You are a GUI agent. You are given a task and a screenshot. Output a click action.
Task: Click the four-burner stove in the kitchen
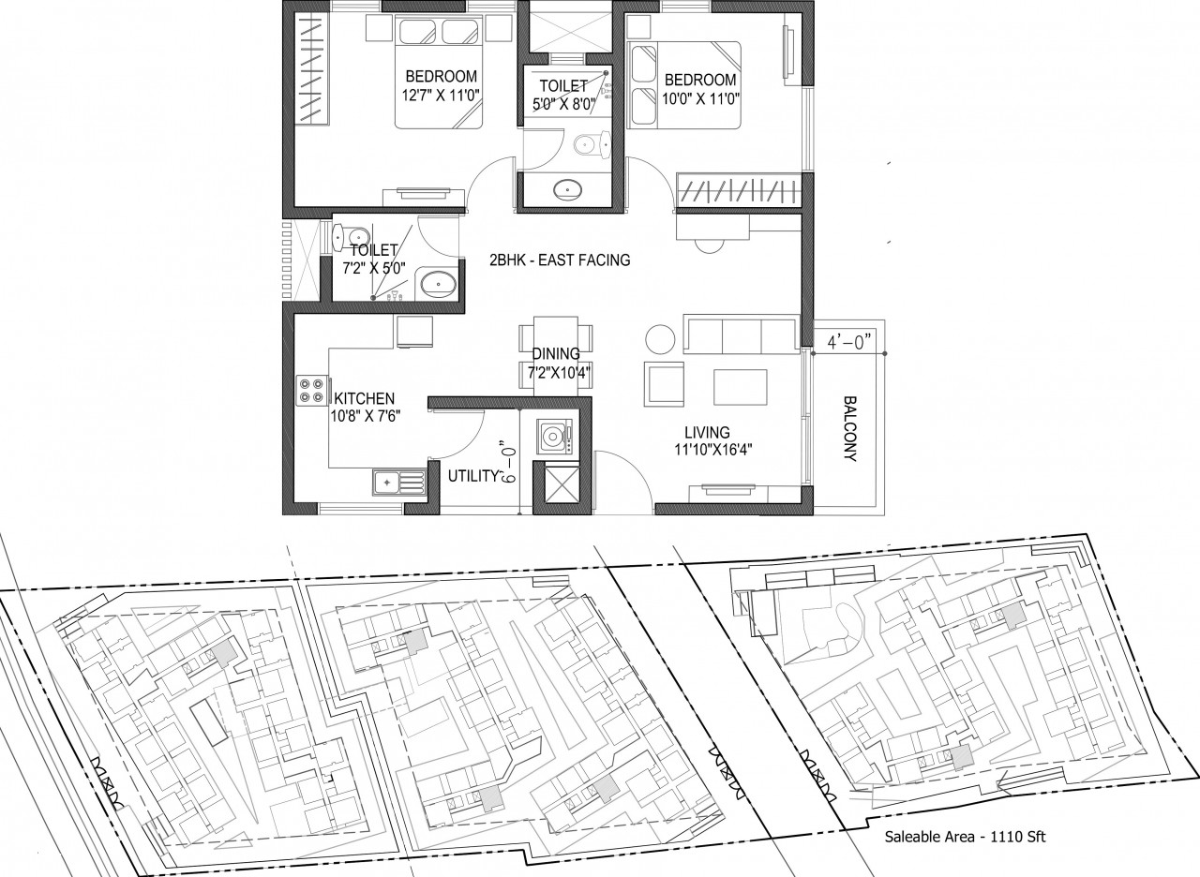click(312, 391)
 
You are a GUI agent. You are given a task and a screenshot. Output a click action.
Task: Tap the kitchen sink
click(399, 482)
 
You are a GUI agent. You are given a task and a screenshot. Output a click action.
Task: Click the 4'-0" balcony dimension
click(849, 342)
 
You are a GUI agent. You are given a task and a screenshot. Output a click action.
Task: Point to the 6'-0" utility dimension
click(507, 462)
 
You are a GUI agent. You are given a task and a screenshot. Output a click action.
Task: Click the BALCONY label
click(849, 428)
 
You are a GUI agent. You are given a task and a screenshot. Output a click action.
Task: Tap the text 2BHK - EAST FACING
click(560, 260)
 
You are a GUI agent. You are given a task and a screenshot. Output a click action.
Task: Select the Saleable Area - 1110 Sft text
click(965, 837)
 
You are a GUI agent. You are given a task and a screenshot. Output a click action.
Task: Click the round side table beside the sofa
click(660, 339)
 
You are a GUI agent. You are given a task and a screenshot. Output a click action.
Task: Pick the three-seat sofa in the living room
click(742, 334)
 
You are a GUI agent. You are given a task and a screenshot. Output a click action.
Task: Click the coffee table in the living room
click(741, 387)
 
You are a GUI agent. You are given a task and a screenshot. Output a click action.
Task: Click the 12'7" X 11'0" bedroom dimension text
click(441, 96)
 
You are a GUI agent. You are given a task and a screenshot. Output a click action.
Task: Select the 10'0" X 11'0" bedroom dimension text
click(700, 99)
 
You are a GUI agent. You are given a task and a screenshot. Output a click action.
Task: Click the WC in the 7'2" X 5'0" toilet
click(351, 237)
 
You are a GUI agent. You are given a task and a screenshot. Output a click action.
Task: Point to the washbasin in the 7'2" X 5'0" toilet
click(438, 284)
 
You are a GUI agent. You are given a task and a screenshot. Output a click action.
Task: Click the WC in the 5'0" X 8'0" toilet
click(592, 144)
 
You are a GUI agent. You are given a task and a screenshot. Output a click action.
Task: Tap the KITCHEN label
click(365, 398)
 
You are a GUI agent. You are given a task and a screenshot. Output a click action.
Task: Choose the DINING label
click(556, 353)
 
